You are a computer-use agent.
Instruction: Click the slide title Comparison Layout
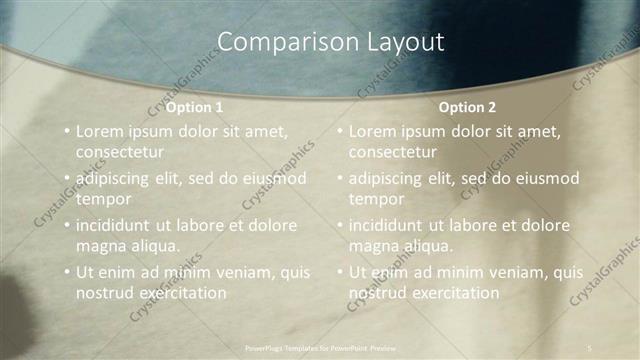tap(330, 42)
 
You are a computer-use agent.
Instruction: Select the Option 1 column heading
tap(194, 107)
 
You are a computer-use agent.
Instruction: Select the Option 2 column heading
tap(467, 107)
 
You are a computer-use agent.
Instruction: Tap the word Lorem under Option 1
tap(99, 130)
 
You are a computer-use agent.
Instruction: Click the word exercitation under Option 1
tap(178, 293)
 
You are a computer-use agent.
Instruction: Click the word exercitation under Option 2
tap(451, 293)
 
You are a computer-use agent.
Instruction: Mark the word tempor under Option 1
tap(101, 199)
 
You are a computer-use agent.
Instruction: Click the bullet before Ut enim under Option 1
tap(66, 272)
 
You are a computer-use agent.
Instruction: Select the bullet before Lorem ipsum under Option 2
tap(339, 130)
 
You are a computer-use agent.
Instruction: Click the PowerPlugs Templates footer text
tap(320, 348)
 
